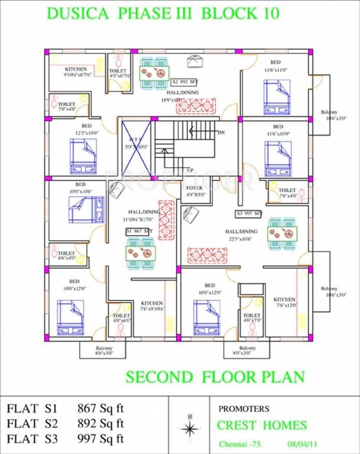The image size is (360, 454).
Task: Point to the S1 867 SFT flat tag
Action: point(139,230)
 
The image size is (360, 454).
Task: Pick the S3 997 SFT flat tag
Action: point(249,213)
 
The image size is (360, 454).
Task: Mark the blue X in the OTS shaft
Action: point(135,146)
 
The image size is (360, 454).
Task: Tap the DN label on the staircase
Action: point(222,132)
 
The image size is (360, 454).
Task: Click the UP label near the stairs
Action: point(190,170)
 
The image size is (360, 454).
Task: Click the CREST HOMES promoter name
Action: point(261,425)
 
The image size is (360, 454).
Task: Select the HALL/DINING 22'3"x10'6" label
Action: point(241,235)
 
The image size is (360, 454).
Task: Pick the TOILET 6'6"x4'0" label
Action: point(66,255)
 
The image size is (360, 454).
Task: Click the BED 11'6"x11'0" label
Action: point(275,66)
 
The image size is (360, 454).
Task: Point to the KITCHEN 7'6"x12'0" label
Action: point(284,302)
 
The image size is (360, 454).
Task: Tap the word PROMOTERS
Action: point(244,408)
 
